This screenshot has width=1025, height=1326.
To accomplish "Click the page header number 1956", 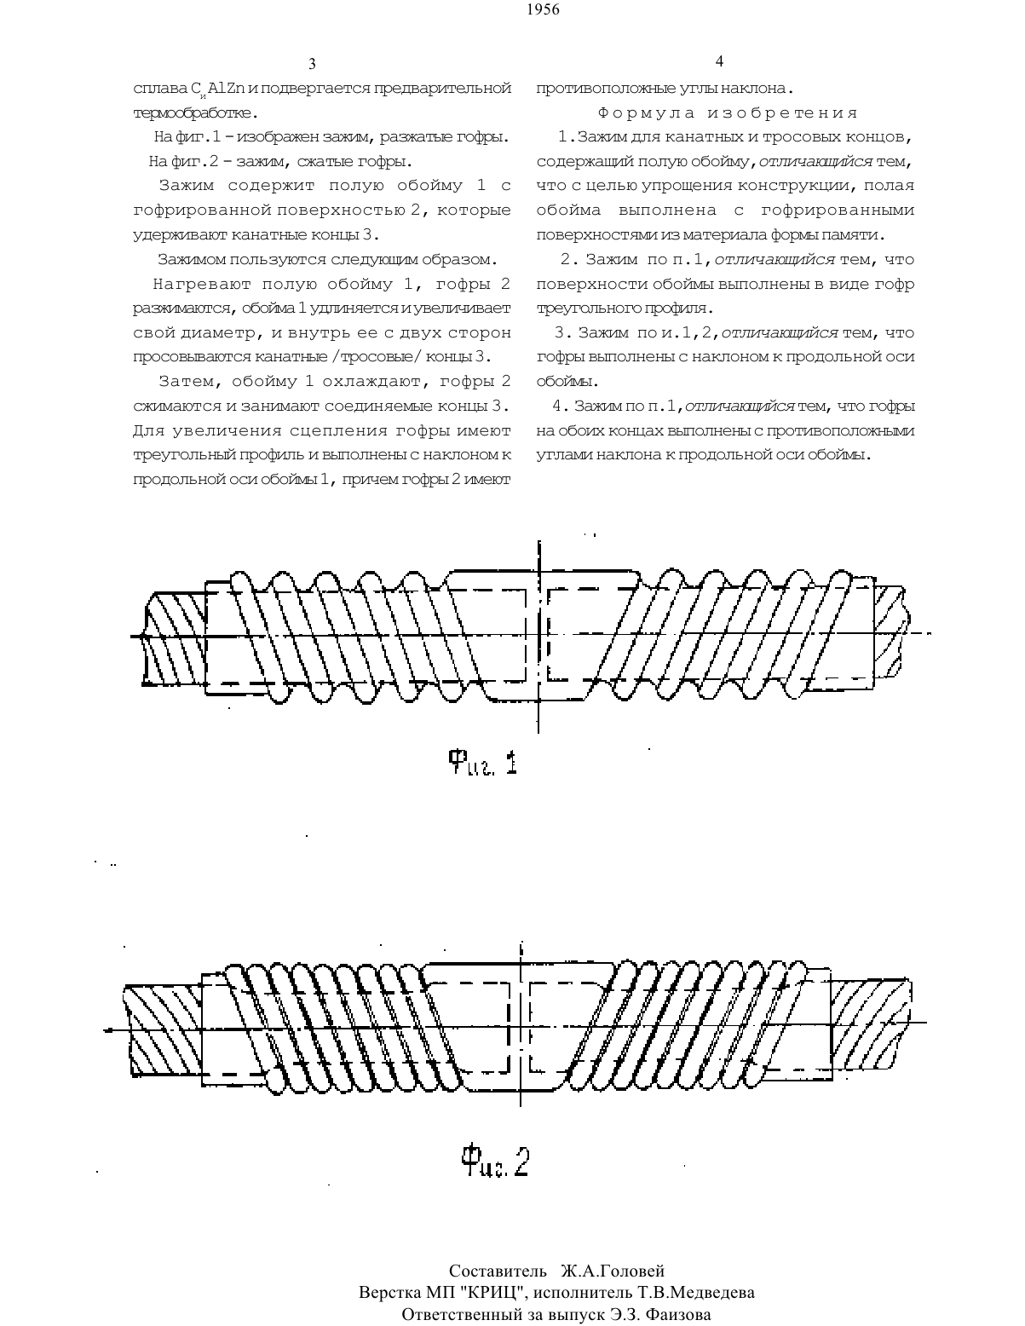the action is tap(543, 9).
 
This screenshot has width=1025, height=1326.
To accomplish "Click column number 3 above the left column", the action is tap(312, 64).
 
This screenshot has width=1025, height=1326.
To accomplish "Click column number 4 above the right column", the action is tap(719, 61).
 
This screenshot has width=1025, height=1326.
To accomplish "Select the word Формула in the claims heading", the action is tap(646, 112).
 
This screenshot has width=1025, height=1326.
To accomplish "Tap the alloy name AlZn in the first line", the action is tap(227, 89).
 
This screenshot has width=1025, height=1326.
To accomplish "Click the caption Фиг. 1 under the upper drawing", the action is tap(482, 763).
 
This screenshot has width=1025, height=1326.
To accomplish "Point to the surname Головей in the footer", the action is tap(630, 1271).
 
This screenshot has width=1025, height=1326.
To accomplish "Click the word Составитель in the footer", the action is tap(498, 1271).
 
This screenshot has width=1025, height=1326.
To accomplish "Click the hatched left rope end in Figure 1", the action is tap(174, 637).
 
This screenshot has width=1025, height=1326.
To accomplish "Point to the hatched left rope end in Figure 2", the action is tap(164, 1030).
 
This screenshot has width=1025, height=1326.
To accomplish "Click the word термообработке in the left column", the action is tap(192, 113).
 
